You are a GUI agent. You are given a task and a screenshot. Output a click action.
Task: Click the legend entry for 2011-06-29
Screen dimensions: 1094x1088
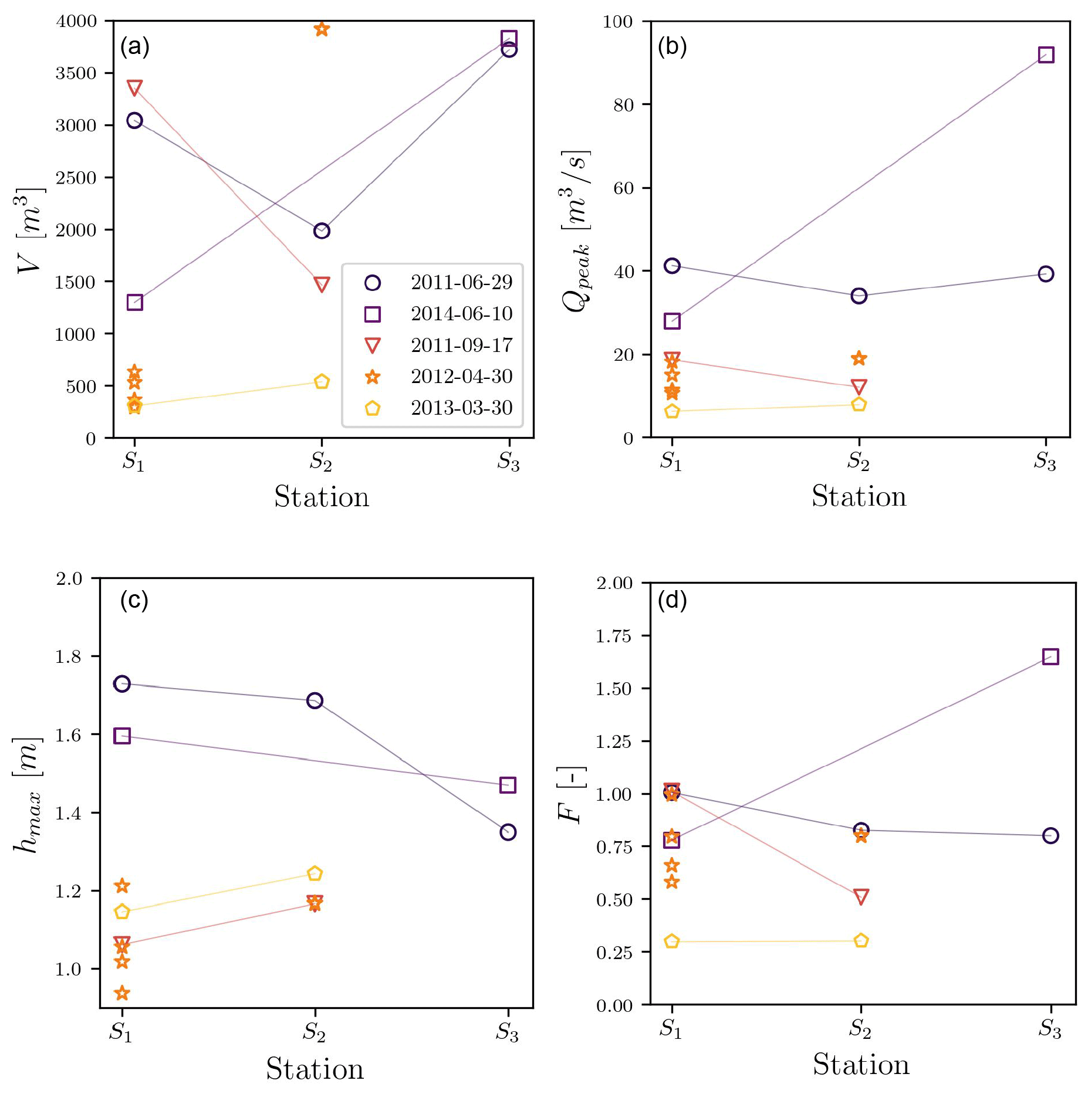(x=461, y=283)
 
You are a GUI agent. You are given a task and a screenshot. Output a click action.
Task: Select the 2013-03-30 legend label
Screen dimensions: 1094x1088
(x=461, y=408)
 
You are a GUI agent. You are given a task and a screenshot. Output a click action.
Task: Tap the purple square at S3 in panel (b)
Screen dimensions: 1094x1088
(x=1046, y=55)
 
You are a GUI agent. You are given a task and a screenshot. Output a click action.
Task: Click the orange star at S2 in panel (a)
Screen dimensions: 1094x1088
(x=322, y=29)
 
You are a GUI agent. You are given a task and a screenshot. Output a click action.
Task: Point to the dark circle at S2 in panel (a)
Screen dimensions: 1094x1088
(x=322, y=231)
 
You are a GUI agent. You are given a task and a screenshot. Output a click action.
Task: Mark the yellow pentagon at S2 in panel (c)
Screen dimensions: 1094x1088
(x=315, y=874)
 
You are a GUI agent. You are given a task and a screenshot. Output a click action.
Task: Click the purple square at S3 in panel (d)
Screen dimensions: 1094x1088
(x=1050, y=656)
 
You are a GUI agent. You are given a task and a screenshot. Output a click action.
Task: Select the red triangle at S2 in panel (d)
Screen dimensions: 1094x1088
(x=861, y=896)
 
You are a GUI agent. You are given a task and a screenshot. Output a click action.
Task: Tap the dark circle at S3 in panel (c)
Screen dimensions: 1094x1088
(x=508, y=832)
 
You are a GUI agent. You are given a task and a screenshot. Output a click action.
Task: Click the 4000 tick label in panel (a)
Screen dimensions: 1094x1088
(x=76, y=21)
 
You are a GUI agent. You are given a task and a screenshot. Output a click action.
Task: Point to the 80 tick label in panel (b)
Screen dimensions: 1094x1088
(x=623, y=105)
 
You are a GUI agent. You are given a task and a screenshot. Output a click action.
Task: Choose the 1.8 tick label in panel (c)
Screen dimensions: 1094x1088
(x=68, y=656)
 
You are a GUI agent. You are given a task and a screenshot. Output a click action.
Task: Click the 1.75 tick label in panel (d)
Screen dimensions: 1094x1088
(x=614, y=636)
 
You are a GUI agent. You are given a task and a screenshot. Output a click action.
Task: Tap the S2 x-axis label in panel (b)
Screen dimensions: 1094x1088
(x=858, y=462)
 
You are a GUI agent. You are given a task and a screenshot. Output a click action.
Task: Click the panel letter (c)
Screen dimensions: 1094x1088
(x=134, y=600)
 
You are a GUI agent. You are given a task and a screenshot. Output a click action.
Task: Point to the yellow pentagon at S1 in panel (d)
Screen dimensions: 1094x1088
(x=672, y=941)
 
